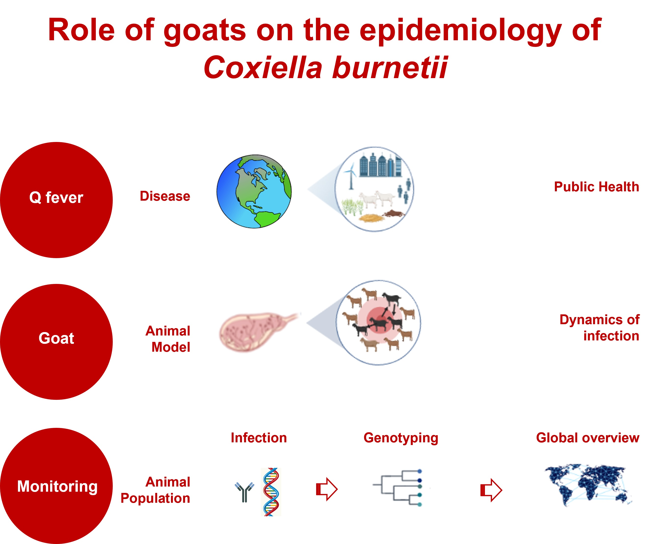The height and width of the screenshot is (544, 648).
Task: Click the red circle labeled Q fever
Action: coord(56,200)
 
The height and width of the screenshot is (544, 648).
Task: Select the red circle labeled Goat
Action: coord(56,341)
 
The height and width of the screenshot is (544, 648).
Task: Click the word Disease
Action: coord(165,196)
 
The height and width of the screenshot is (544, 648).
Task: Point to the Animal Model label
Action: coord(168,339)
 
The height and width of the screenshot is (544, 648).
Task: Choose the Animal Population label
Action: coord(156,490)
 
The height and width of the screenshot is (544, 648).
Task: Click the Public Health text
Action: coord(596,187)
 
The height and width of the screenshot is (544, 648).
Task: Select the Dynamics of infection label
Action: coord(599,328)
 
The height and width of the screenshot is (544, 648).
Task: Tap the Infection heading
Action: coord(259,438)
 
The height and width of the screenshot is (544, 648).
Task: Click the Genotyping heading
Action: coord(401,438)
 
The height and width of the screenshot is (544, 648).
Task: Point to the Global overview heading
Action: coord(587,438)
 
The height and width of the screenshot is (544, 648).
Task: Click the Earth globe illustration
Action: coord(254,191)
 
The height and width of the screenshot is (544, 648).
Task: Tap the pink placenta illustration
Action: coord(253,332)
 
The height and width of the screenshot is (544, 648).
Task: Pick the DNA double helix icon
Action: coord(271,492)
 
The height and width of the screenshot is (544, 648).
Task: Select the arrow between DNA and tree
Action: coord(327,489)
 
